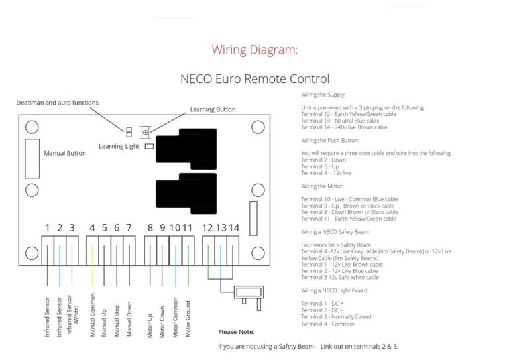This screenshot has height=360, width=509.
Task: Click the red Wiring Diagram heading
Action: click(254, 50)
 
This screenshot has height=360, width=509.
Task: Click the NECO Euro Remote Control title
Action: click(254, 79)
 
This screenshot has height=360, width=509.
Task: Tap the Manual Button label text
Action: click(65, 153)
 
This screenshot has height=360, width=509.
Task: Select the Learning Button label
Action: click(212, 109)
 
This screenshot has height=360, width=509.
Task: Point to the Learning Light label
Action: click(119, 146)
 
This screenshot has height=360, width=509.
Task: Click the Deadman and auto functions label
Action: click(58, 103)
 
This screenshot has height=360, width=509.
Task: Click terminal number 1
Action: click(48, 228)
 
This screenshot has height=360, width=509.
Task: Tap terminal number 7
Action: click(129, 228)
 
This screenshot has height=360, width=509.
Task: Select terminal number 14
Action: click(233, 228)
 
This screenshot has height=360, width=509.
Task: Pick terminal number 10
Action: click(175, 228)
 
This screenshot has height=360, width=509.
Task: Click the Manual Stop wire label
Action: click(117, 316)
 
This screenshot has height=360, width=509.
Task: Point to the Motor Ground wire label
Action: click(188, 314)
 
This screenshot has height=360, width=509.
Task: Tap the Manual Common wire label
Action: click(93, 314)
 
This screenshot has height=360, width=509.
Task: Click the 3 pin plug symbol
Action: click(249, 292)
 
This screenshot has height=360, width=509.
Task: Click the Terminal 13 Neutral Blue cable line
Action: click(340, 120)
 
